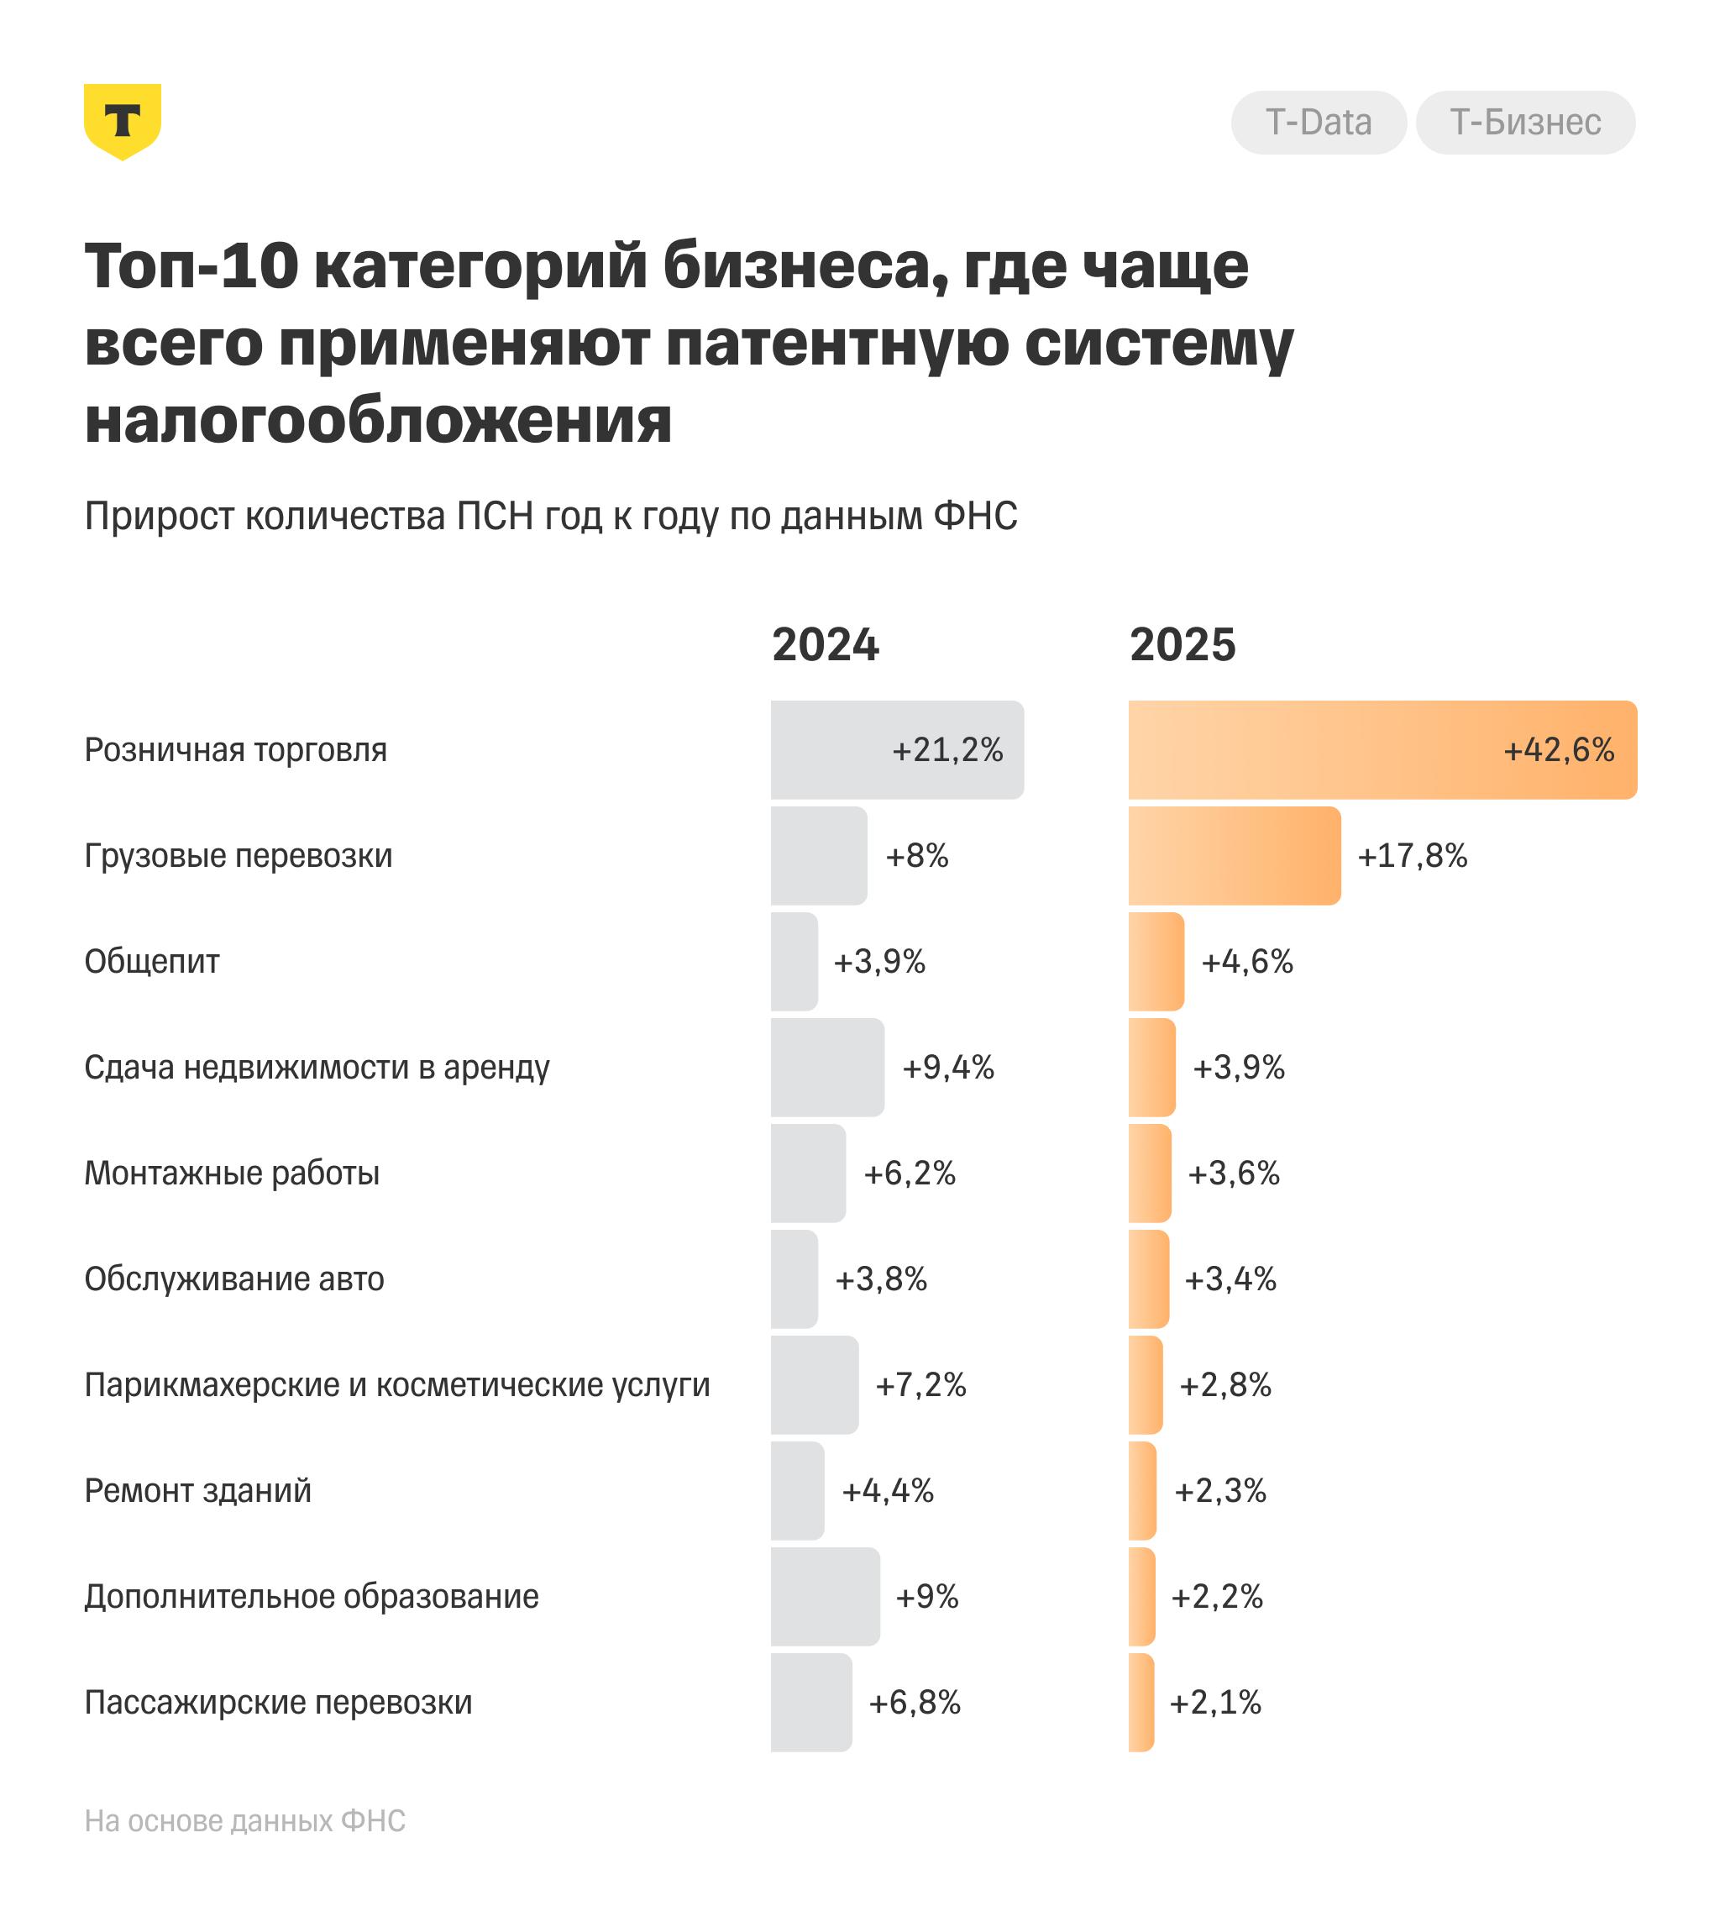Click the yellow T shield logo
point(122,121)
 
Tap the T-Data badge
point(1319,123)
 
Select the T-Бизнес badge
point(1525,123)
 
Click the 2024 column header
point(825,645)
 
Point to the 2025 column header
point(1182,645)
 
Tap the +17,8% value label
point(1412,856)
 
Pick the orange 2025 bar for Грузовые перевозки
point(1233,856)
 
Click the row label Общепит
point(152,962)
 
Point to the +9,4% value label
point(948,1068)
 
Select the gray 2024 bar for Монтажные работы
point(808,1174)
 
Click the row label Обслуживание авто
point(234,1279)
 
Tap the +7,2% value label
point(920,1385)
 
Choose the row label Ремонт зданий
point(197,1491)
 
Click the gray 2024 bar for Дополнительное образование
point(825,1597)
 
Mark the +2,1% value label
point(1215,1703)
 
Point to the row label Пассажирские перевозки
point(278,1703)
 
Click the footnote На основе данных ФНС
point(244,1821)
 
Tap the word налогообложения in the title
point(378,421)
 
